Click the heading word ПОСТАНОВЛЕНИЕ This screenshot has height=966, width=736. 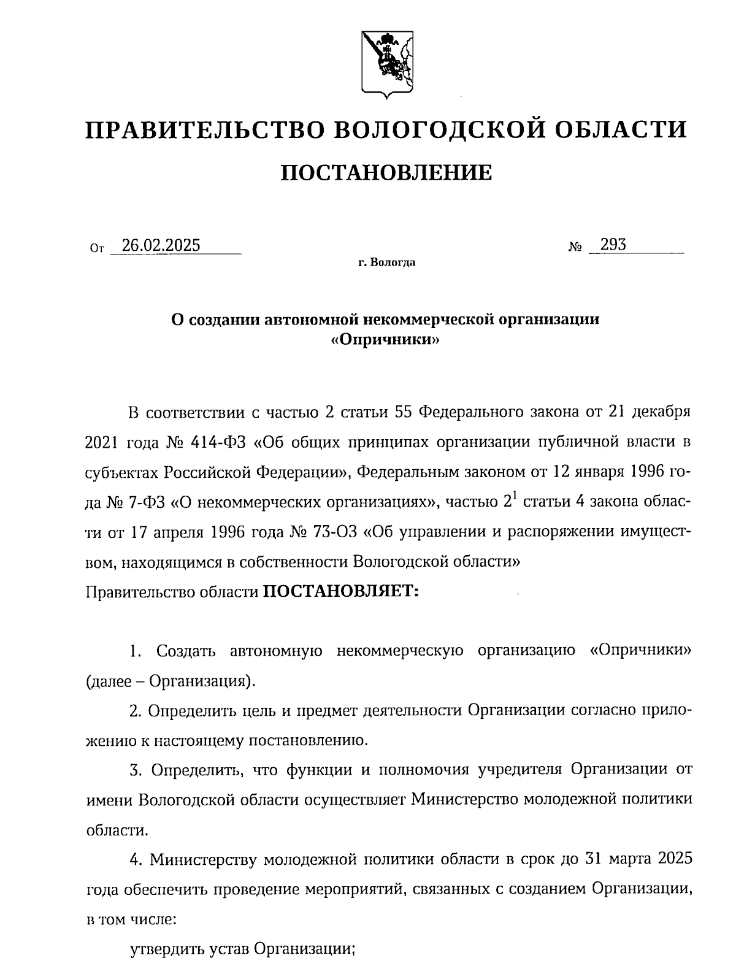[x=386, y=173]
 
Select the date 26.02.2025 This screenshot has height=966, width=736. [x=161, y=245]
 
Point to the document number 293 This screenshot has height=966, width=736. [x=613, y=245]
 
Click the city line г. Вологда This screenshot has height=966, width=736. [x=387, y=264]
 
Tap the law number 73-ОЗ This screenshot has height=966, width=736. [x=331, y=531]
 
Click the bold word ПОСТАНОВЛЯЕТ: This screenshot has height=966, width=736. [x=340, y=592]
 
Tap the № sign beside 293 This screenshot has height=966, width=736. [x=575, y=247]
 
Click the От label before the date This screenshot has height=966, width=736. [x=96, y=249]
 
